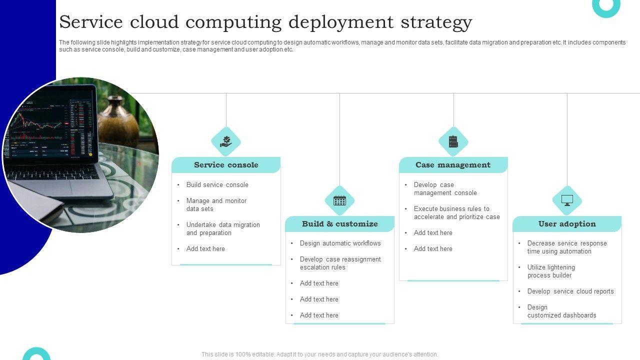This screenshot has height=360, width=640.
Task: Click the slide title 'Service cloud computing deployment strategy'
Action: [x=265, y=22]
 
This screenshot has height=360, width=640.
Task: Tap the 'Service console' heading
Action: [x=226, y=165]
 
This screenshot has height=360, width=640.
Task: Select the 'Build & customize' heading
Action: [x=339, y=224]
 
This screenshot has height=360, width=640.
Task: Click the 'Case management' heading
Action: [x=453, y=165]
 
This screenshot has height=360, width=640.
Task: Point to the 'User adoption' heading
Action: [x=567, y=224]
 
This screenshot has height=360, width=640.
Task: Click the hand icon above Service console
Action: [x=226, y=141]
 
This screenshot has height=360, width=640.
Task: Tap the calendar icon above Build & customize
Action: [x=339, y=200]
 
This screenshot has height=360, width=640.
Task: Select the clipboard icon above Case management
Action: [x=453, y=141]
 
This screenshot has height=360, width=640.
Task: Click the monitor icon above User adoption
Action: [x=567, y=200]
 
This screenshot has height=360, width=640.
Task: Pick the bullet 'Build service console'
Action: [x=217, y=185]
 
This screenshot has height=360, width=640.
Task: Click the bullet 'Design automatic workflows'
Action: [x=340, y=243]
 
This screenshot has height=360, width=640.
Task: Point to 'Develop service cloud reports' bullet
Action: [x=570, y=291]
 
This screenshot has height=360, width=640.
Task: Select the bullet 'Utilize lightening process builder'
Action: [x=550, y=271]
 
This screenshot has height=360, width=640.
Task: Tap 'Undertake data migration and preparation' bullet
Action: [x=222, y=229]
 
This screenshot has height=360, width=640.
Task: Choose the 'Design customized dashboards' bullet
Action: [x=561, y=311]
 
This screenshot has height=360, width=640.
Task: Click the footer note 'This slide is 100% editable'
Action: [x=319, y=354]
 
